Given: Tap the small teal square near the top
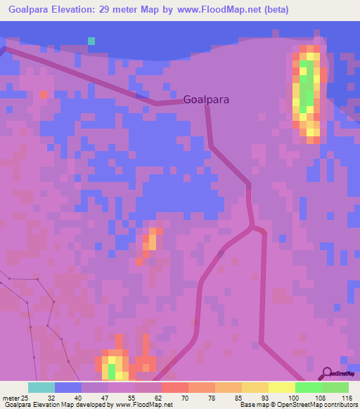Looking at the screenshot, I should [91, 41].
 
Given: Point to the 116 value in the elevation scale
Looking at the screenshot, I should [347, 398].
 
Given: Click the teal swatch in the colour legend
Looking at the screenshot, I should [41, 387].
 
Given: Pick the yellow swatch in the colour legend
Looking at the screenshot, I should [282, 387].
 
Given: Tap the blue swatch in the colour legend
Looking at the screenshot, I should [68, 387].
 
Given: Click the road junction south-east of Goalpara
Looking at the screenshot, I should [252, 227].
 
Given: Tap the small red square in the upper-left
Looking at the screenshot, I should [44, 94].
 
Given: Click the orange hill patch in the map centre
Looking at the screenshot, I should [151, 240].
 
